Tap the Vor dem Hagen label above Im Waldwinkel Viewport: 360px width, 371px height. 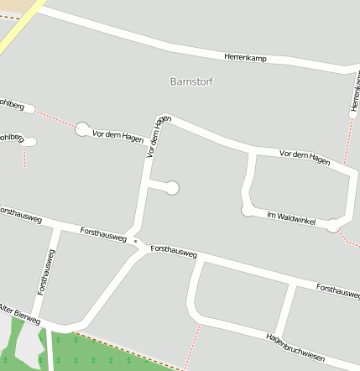pyautogui.click(x=305, y=155)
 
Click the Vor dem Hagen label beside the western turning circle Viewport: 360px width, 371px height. pyautogui.click(x=117, y=135)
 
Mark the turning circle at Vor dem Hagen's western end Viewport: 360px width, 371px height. pyautogui.click(x=82, y=128)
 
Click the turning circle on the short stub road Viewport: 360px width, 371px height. pyautogui.click(x=172, y=188)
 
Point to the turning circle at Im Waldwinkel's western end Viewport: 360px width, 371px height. pyautogui.click(x=248, y=210)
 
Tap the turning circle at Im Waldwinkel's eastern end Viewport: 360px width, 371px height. pyautogui.click(x=333, y=225)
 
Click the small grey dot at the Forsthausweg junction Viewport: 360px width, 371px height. pyautogui.click(x=135, y=241)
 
